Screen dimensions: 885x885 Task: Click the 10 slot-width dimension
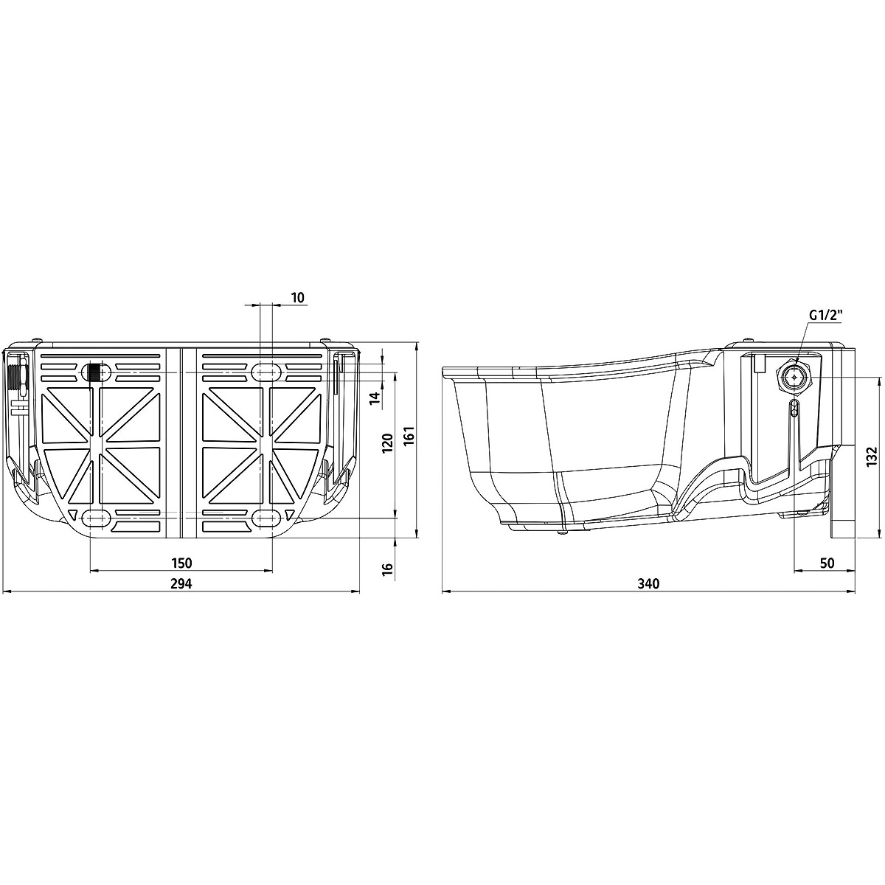(298, 298)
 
